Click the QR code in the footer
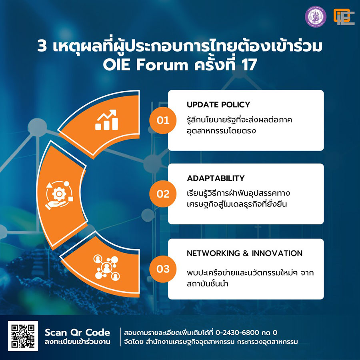point(23,336)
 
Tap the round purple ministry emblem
point(316,17)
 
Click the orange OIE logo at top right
point(344,17)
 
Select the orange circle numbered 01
point(163,120)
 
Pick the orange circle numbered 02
point(163,194)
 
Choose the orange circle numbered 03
point(163,268)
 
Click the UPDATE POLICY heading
point(218,105)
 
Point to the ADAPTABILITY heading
point(216,178)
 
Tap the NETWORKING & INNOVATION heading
point(244,253)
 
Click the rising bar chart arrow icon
point(107,120)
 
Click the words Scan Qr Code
point(77,332)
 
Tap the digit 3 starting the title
point(42,47)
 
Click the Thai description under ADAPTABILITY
point(238,198)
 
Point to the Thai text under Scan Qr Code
point(77,342)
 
